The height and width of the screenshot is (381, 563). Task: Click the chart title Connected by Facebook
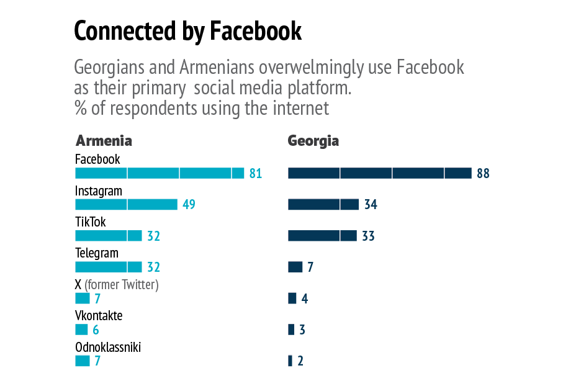point(187,30)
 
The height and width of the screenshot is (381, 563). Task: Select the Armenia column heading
point(104,140)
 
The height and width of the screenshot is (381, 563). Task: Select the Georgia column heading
point(313,140)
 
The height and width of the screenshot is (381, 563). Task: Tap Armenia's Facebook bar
point(160,173)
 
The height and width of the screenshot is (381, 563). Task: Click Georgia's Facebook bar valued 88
point(379,173)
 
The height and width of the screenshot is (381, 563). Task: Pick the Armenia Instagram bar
point(126,204)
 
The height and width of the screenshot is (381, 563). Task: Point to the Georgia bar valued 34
point(323,204)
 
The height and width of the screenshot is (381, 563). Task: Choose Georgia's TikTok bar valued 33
point(322,236)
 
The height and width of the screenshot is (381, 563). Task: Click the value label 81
point(255,174)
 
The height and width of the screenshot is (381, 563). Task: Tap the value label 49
point(189,205)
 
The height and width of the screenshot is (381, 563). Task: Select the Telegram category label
point(96,253)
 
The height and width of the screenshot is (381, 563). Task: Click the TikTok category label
point(91,222)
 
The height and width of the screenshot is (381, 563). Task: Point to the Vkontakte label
point(99,316)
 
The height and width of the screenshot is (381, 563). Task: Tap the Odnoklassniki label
point(108,347)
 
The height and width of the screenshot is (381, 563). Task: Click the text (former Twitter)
point(122,285)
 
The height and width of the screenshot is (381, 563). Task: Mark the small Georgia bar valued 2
point(290,361)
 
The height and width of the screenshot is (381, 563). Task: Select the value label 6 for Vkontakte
point(96,330)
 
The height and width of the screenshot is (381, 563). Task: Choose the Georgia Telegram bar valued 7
point(295,267)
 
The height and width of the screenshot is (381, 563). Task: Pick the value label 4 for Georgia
point(304,299)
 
